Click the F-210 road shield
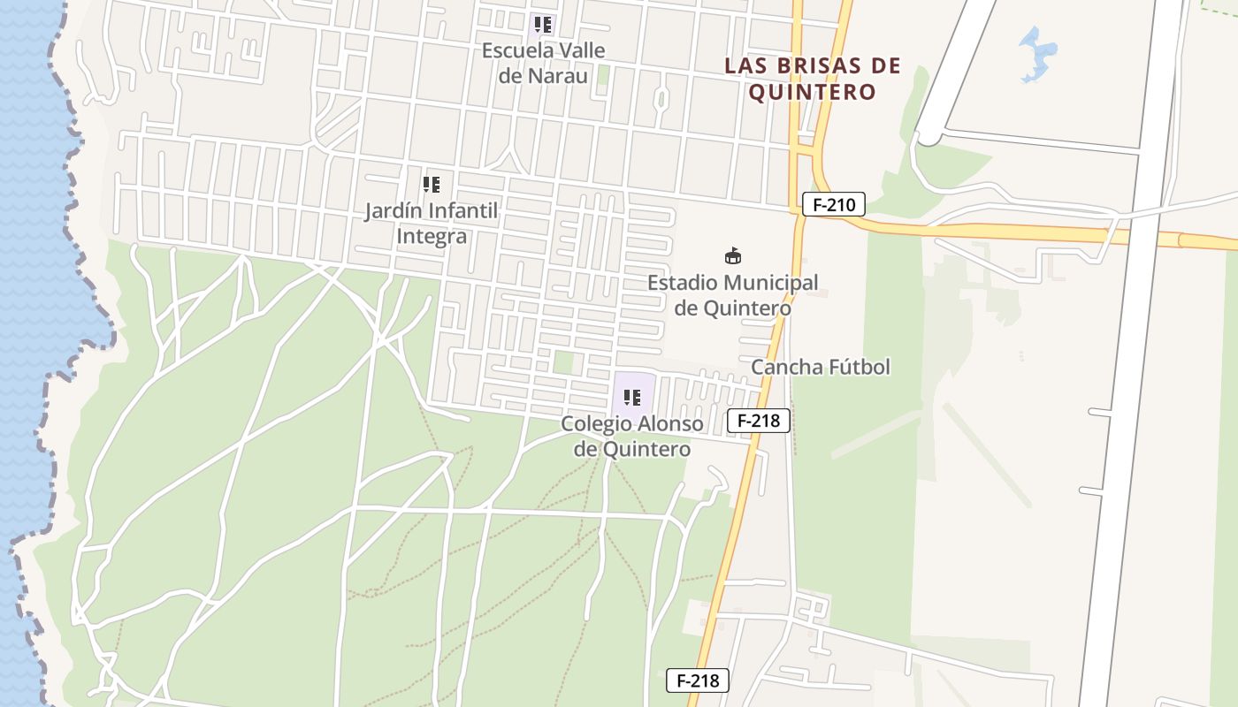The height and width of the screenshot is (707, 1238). point(834,205)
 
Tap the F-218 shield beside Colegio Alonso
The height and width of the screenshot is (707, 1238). point(758,421)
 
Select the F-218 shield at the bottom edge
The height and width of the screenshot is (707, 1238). point(697,680)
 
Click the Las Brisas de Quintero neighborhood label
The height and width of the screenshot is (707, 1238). point(812,79)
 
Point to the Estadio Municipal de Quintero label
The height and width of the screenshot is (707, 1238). point(732,295)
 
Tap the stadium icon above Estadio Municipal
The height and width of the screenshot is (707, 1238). point(732,257)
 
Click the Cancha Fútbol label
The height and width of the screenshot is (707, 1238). point(820,367)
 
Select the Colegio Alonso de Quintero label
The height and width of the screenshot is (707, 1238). point(631,436)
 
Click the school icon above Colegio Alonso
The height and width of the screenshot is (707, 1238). point(631,398)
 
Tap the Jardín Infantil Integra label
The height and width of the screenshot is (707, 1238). point(432,224)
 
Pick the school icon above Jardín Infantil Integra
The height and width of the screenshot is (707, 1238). point(431,185)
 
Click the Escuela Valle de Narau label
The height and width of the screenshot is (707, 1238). point(543,63)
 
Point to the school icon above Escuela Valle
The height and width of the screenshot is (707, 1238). point(543,25)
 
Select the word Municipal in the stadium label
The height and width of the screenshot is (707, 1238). point(768,283)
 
